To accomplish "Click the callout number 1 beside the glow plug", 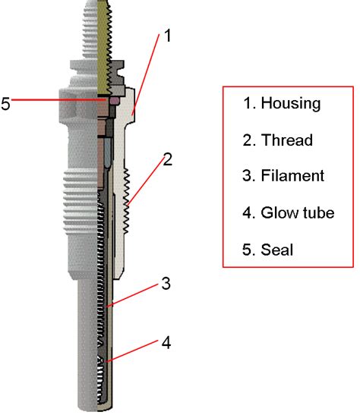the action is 168,36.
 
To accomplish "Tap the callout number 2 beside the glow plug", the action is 167,159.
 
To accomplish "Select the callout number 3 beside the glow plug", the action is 166,283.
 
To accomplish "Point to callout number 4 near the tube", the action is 166,343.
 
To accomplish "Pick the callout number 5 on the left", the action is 5,103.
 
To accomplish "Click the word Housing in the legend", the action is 291,104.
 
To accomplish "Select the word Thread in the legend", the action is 287,140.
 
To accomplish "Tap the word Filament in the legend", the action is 292,175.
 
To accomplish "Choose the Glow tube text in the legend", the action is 298,212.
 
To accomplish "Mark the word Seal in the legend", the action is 277,250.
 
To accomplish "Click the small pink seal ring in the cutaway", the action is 115,100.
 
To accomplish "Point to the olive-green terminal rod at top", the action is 104,46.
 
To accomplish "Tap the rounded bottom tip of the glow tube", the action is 104,409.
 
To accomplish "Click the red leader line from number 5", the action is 58,100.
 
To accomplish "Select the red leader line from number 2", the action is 146,181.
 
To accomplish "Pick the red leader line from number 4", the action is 131,350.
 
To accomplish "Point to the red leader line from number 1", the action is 146,74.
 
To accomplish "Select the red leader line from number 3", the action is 131,296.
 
